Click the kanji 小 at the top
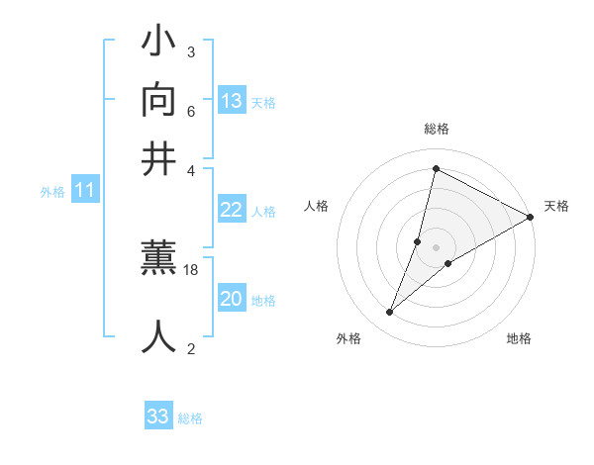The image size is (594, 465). (x=159, y=45)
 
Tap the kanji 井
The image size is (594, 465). (x=159, y=159)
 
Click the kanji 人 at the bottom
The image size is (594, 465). (x=159, y=336)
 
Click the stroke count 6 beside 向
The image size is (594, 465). (x=191, y=111)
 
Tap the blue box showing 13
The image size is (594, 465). (x=232, y=100)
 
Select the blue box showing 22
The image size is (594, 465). (x=232, y=210)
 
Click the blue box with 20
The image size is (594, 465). (x=232, y=299)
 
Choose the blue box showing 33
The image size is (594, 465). (x=158, y=417)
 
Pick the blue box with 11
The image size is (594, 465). (x=85, y=190)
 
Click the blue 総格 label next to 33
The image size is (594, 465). (x=190, y=418)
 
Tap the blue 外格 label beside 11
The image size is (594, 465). (x=52, y=192)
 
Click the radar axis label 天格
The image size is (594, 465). (x=556, y=206)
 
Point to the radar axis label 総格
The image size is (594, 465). (x=437, y=129)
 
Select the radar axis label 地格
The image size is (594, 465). (x=519, y=339)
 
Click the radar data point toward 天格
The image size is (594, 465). (x=531, y=217)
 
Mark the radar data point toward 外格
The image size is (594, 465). (x=390, y=313)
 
